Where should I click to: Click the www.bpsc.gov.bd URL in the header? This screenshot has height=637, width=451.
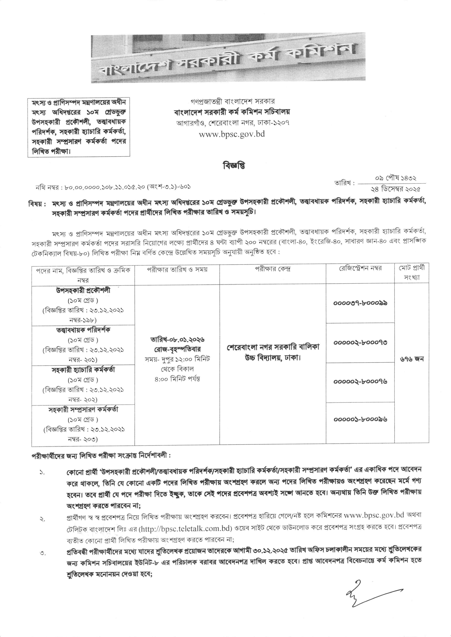(x=232, y=134)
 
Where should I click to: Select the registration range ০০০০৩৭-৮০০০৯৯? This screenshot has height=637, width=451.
(x=360, y=303)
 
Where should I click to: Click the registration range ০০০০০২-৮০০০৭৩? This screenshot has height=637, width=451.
(x=360, y=342)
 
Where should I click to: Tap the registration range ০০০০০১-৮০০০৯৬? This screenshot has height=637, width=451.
(x=360, y=419)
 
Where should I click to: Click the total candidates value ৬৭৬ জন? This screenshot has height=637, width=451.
(x=412, y=359)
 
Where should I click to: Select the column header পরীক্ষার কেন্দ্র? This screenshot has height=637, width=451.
(x=272, y=269)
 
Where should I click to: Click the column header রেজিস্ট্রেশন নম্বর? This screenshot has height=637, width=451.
(x=360, y=268)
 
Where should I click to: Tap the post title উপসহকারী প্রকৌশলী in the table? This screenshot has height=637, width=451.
(x=83, y=291)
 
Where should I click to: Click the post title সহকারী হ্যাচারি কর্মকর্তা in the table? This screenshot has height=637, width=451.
(x=83, y=370)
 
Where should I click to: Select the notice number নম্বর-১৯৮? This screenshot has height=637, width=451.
(x=83, y=320)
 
